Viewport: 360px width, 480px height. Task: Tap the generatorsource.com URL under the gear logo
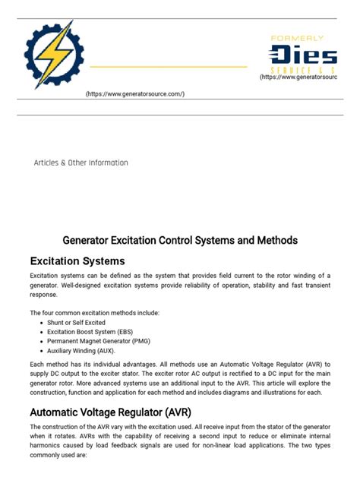[135, 93]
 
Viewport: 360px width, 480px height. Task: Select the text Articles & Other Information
[81, 163]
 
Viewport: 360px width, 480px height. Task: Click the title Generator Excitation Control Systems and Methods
[180, 240]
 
